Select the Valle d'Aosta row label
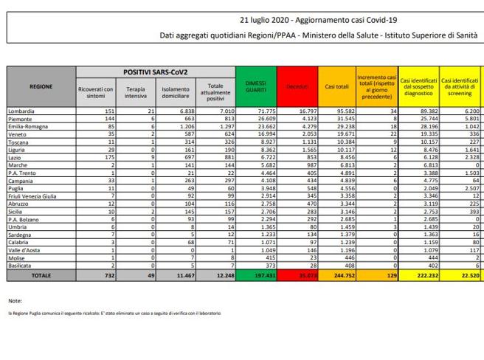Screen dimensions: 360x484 (24, 250)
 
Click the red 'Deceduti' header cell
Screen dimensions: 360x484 (296, 87)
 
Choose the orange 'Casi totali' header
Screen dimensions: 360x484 (336, 87)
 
